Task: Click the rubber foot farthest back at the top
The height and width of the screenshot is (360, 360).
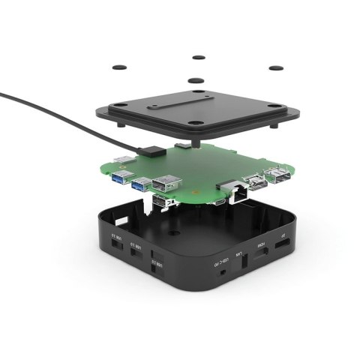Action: (x=198, y=57)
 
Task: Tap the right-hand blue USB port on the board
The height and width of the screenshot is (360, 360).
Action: (x=141, y=183)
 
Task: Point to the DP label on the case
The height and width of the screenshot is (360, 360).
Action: (x=281, y=241)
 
